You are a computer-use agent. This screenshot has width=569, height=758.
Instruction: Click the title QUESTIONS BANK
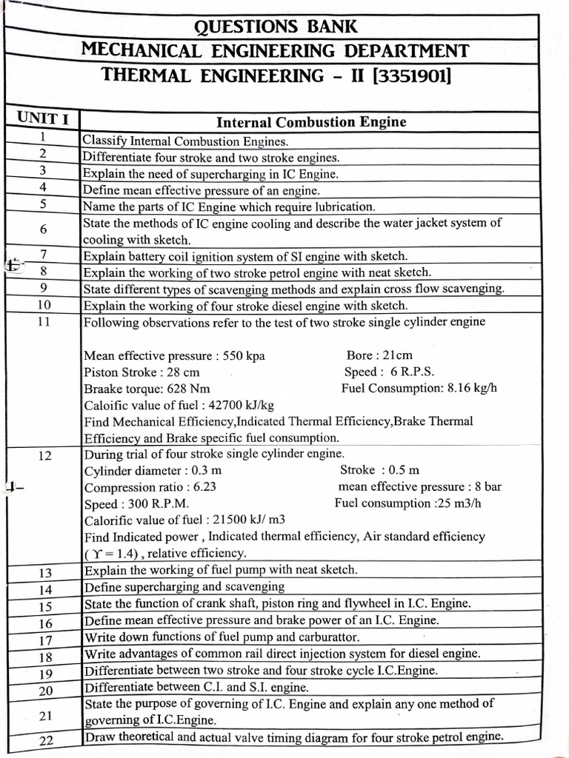tap(276, 27)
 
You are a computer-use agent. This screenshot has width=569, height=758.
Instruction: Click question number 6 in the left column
tap(44, 229)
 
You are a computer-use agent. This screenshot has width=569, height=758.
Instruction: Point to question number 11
tap(44, 322)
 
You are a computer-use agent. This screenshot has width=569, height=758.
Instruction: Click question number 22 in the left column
tap(45, 739)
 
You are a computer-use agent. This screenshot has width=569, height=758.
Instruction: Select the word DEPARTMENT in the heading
tap(400, 50)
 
